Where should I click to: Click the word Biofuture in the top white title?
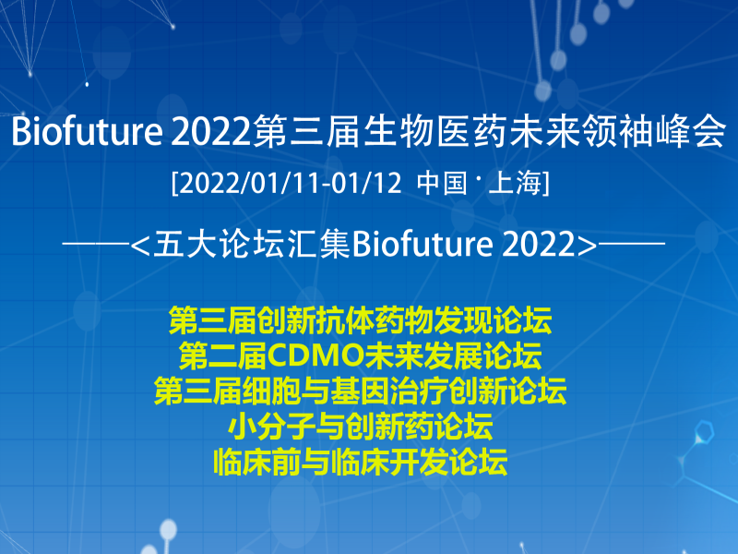pyautogui.click(x=87, y=131)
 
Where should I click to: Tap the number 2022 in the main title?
pyautogui.click(x=210, y=131)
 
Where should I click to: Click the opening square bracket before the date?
pyautogui.click(x=174, y=183)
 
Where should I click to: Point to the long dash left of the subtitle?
pyautogui.click(x=96, y=244)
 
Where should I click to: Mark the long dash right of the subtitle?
pyautogui.click(x=631, y=244)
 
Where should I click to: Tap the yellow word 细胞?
pyautogui.click(x=271, y=391)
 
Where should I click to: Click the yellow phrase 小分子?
pyautogui.click(x=271, y=427)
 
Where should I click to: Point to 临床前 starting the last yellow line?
pyautogui.click(x=257, y=462)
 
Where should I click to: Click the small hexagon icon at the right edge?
pyautogui.click(x=705, y=432)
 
